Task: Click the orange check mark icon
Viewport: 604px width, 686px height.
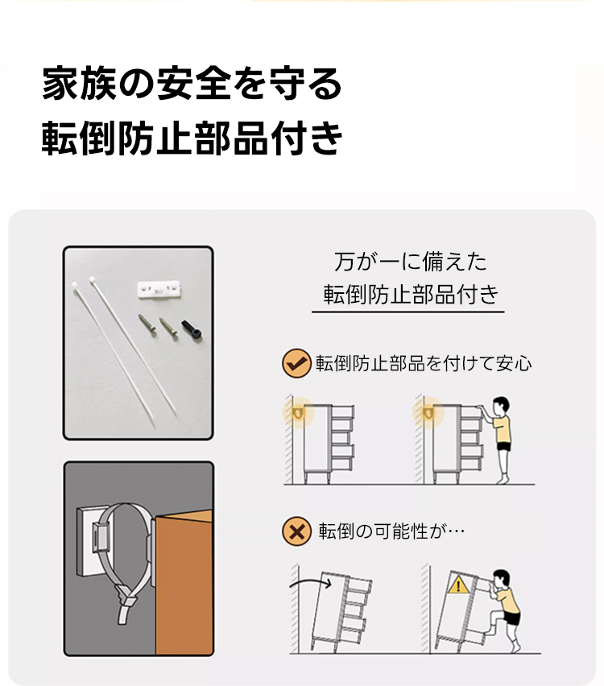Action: click(296, 363)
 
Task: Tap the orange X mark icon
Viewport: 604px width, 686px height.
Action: click(296, 531)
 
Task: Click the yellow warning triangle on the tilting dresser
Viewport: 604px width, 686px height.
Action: click(458, 585)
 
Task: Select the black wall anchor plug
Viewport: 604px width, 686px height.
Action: click(192, 329)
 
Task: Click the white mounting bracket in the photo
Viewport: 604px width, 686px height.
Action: click(159, 289)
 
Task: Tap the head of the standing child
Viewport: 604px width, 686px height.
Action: click(500, 406)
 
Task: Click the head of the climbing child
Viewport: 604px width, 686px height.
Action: click(501, 578)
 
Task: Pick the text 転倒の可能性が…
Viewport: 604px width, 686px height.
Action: click(391, 531)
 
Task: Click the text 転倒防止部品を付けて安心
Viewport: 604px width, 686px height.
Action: click(424, 363)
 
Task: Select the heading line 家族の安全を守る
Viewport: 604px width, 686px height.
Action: click(192, 83)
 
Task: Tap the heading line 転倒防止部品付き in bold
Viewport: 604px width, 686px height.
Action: click(192, 138)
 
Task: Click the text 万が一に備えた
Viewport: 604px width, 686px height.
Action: click(410, 262)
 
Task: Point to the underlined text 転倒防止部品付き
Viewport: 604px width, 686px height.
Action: click(411, 294)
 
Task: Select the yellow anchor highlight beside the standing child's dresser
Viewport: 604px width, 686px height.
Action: click(428, 412)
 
